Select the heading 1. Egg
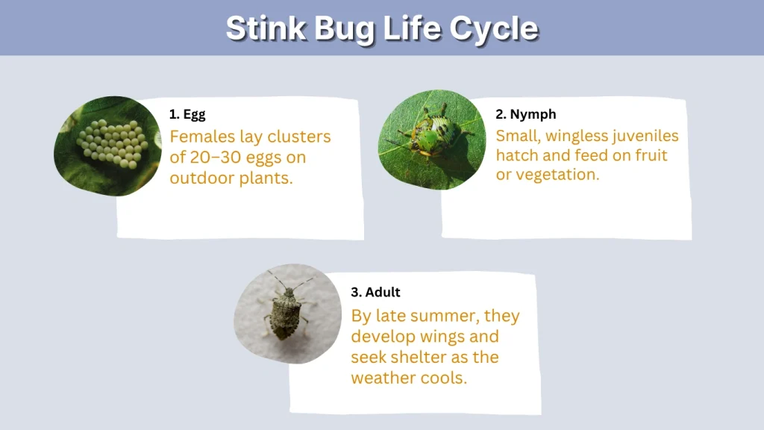[x=187, y=114]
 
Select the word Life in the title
[x=402, y=28]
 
